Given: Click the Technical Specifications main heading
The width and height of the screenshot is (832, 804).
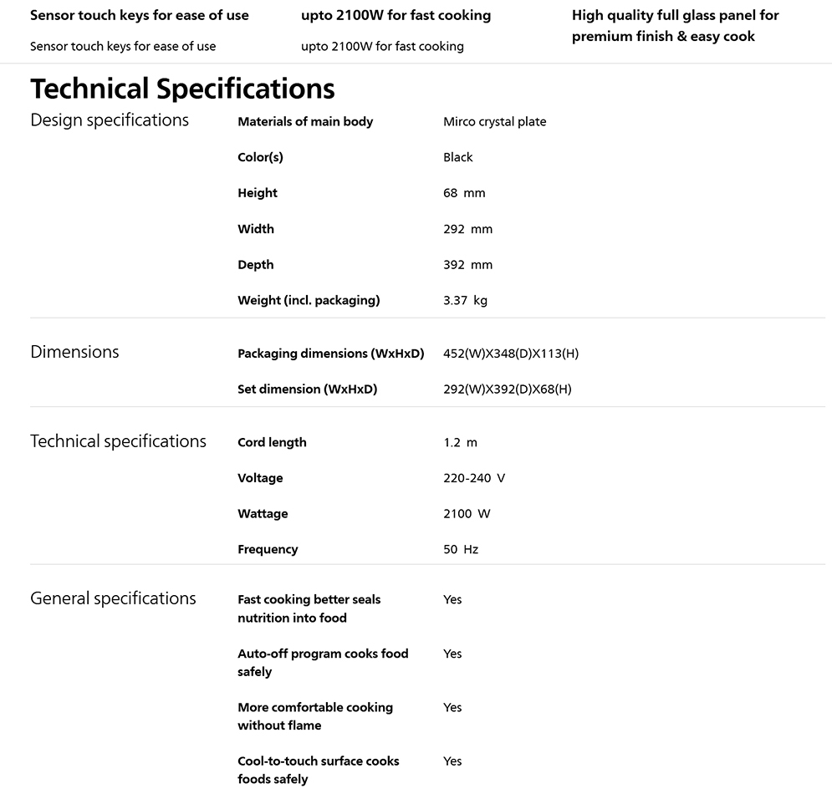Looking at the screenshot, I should pyautogui.click(x=182, y=89).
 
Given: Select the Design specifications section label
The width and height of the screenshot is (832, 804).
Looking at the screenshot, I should pyautogui.click(x=110, y=120).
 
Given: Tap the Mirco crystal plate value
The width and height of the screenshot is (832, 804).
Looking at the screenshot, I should pyautogui.click(x=494, y=122).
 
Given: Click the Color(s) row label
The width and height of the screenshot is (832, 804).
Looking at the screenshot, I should pyautogui.click(x=260, y=157).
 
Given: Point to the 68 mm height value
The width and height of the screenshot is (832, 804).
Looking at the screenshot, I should pyautogui.click(x=464, y=193).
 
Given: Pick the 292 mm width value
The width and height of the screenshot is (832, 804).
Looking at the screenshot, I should pyautogui.click(x=467, y=229).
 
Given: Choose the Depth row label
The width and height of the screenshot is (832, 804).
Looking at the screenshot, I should pyautogui.click(x=255, y=265).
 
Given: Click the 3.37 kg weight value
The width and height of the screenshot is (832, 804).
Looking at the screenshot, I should pyautogui.click(x=465, y=301).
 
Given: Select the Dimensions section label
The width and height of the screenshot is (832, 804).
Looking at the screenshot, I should pyautogui.click(x=74, y=352).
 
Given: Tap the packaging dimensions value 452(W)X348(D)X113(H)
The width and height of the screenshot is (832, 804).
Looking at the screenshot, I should pyautogui.click(x=511, y=354).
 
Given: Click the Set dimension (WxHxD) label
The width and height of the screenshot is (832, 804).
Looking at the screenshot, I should pyautogui.click(x=307, y=389).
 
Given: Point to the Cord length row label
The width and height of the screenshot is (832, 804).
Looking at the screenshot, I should pyautogui.click(x=272, y=443).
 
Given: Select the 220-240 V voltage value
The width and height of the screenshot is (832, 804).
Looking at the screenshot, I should pyautogui.click(x=474, y=478).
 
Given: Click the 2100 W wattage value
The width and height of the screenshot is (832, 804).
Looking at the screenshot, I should pyautogui.click(x=467, y=514).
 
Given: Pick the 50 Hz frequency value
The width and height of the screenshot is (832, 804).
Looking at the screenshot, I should pyautogui.click(x=461, y=550).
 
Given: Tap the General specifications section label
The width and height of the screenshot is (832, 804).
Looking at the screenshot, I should pyautogui.click(x=113, y=598).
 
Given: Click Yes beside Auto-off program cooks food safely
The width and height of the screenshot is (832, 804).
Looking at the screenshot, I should pyautogui.click(x=452, y=654).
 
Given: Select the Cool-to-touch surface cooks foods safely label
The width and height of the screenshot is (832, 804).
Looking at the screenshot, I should pyautogui.click(x=318, y=770).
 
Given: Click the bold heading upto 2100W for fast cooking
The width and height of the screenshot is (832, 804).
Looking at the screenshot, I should pyautogui.click(x=396, y=15).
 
